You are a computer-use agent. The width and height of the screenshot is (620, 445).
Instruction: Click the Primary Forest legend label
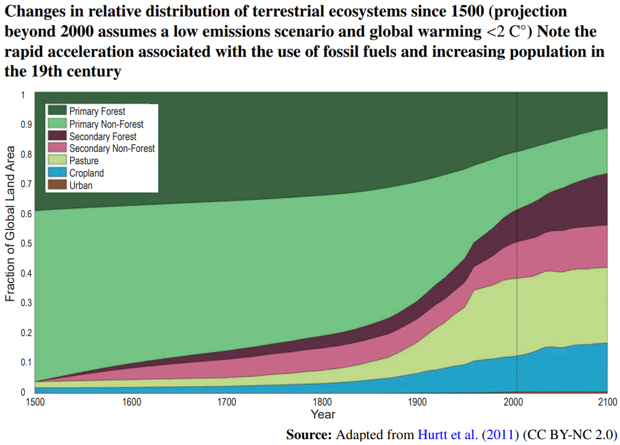pos(97,111)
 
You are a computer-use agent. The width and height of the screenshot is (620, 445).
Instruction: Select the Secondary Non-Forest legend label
pos(112,148)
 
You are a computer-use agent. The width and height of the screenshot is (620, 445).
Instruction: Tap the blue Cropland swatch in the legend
pos(57,173)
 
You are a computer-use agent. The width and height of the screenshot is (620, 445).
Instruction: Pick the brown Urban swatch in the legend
pos(57,185)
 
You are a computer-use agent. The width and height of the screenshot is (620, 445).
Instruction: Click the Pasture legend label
pos(84,161)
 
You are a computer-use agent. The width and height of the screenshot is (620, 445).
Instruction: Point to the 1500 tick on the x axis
pos(35,402)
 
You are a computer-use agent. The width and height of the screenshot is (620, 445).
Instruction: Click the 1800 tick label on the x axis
pos(321,402)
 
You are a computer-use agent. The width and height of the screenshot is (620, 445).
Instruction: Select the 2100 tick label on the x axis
pos(607,402)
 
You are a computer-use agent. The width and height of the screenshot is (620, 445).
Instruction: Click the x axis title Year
pos(322,414)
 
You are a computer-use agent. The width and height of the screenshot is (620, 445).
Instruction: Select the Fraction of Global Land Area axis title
pos(10,230)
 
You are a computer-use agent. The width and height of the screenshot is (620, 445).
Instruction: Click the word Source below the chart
pos(309,435)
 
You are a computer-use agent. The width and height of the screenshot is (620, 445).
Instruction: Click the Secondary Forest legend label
pos(102,136)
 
